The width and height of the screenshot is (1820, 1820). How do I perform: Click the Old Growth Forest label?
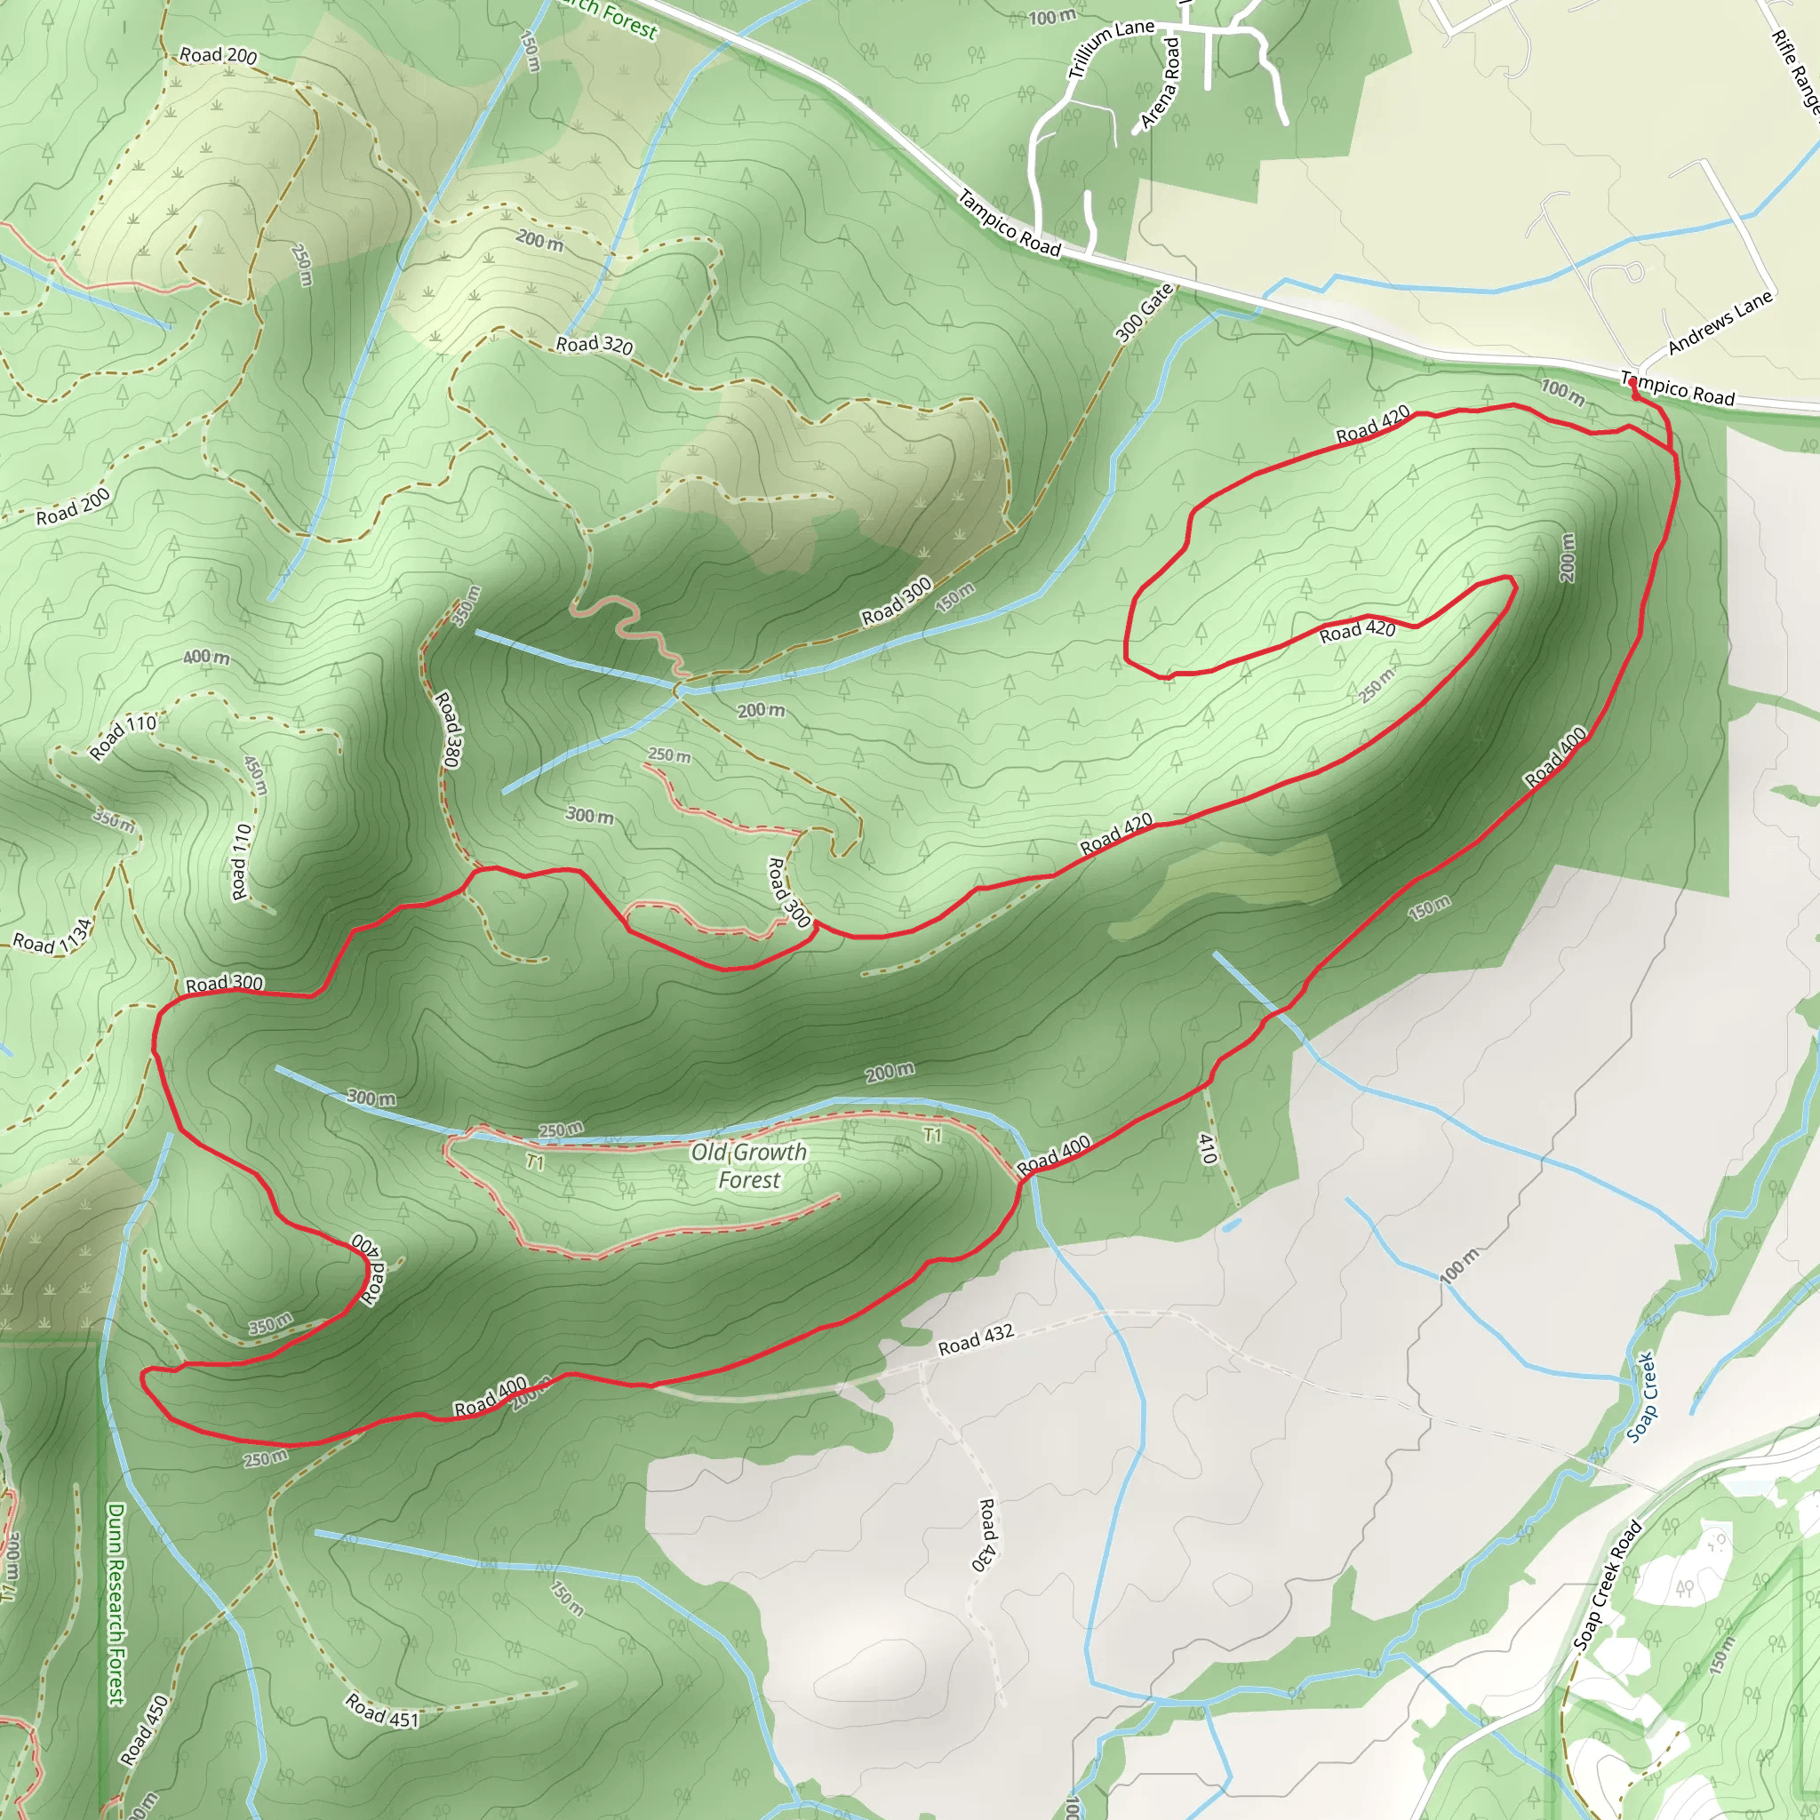pyautogui.click(x=749, y=1165)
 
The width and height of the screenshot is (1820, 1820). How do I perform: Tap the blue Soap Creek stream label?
pyautogui.click(x=1641, y=1398)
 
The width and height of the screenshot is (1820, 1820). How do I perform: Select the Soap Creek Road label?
pyautogui.click(x=1607, y=1585)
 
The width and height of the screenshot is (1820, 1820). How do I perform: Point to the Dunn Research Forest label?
pyautogui.click(x=115, y=1603)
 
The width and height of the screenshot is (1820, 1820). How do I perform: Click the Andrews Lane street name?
pyautogui.click(x=1720, y=323)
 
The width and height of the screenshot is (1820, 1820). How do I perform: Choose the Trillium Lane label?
pyautogui.click(x=1111, y=48)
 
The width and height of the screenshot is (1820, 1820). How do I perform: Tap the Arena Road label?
pyautogui.click(x=1161, y=84)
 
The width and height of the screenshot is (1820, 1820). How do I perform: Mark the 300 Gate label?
pyautogui.click(x=1145, y=313)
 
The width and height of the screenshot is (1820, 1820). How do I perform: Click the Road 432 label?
pyautogui.click(x=976, y=1338)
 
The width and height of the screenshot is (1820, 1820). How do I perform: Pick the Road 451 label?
pyautogui.click(x=381, y=1710)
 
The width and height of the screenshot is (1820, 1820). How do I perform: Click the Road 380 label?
pyautogui.click(x=449, y=729)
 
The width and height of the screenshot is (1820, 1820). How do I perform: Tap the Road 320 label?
pyautogui.click(x=595, y=345)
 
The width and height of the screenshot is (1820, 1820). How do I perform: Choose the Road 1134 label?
pyautogui.click(x=52, y=936)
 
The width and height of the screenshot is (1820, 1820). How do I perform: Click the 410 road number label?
pyautogui.click(x=1207, y=1148)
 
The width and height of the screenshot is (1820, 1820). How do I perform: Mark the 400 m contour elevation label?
pyautogui.click(x=206, y=657)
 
